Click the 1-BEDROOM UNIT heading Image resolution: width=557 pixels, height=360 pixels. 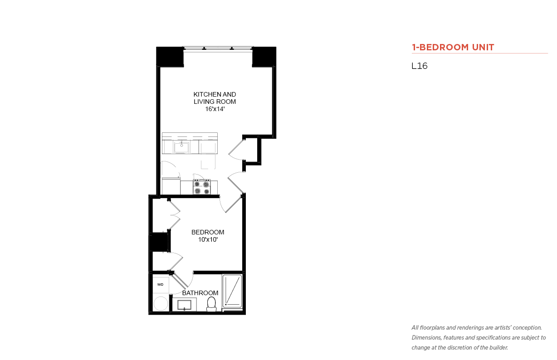pos(453,47)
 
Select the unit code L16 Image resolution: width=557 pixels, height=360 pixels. pos(420,66)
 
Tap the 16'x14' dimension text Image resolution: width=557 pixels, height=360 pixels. pos(215,109)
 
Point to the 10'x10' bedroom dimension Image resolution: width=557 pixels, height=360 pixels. pos(208,239)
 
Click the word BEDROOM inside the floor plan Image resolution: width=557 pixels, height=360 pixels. pos(208,232)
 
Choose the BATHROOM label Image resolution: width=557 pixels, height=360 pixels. pos(200,293)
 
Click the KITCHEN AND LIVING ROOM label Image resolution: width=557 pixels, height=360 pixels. pos(215,98)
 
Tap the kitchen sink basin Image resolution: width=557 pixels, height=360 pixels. pos(181,148)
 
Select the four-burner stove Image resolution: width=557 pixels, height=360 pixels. pos(202,187)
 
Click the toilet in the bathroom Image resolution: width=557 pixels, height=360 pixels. pos(211,304)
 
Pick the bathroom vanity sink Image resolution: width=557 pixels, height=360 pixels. pos(184,305)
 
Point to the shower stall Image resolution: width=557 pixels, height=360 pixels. pos(232,291)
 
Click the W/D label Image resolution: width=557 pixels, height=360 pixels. pos(161,284)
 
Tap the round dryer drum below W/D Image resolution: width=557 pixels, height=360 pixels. pos(161,304)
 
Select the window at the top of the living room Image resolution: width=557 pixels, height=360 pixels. pos(218,49)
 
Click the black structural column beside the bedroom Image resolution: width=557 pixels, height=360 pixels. pos(159,242)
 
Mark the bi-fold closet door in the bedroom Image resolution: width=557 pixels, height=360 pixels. pos(174,214)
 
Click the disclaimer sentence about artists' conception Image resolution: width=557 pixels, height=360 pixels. pos(477,328)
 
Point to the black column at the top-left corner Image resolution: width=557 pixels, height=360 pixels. pos(170,57)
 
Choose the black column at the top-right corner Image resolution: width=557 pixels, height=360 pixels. pos(264,57)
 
